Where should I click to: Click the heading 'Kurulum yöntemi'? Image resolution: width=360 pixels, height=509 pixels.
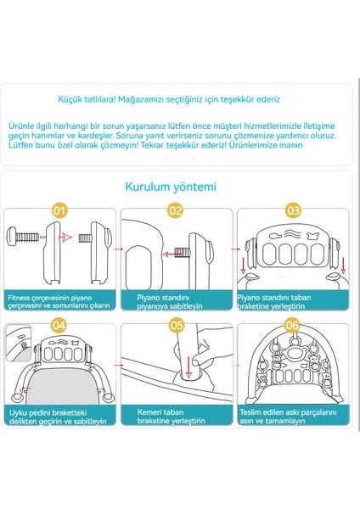click(x=173, y=187)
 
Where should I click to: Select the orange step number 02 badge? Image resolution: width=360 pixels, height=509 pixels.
click(x=176, y=209)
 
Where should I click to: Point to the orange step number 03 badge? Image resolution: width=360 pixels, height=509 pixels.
click(x=293, y=209)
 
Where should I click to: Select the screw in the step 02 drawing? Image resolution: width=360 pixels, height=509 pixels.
click(x=183, y=251)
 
